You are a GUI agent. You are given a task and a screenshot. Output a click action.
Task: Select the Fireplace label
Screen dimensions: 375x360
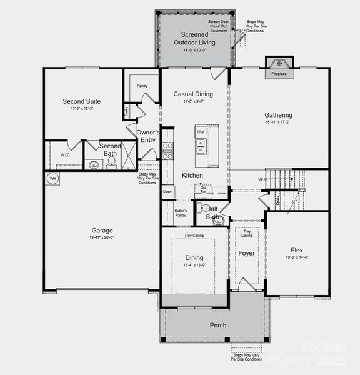pyautogui.click(x=279, y=74)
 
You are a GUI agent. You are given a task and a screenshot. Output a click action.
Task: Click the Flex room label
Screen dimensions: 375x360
pyautogui.click(x=296, y=250)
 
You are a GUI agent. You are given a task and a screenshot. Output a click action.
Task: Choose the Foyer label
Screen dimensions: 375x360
pyautogui.click(x=247, y=253)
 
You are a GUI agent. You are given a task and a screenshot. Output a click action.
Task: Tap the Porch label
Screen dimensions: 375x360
pyautogui.click(x=217, y=325)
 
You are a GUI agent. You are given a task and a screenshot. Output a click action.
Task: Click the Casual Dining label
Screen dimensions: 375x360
pyautogui.click(x=193, y=94)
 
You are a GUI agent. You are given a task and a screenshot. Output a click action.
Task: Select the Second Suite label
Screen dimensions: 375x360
pyautogui.click(x=81, y=101)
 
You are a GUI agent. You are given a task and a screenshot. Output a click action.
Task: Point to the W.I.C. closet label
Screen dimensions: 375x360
pyautogui.click(x=66, y=154)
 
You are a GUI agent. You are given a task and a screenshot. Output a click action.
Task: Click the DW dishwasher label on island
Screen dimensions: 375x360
pyautogui.click(x=201, y=132)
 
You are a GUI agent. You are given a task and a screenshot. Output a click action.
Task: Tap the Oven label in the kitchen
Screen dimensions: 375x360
pyautogui.click(x=167, y=192)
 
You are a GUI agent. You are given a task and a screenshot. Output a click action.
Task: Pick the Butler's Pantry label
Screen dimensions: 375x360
pyautogui.click(x=181, y=213)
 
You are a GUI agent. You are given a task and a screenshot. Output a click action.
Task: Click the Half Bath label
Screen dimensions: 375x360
pyautogui.click(x=211, y=212)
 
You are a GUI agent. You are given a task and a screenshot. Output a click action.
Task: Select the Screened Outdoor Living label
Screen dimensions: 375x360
pyautogui.click(x=194, y=38)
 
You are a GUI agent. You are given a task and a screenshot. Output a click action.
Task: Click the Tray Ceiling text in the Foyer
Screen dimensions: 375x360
pyautogui.click(x=247, y=233)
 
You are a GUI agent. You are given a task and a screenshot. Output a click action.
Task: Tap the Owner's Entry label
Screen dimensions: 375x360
pyautogui.click(x=148, y=136)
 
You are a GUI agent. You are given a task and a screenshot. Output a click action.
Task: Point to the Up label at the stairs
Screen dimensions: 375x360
pyautogui.click(x=260, y=179)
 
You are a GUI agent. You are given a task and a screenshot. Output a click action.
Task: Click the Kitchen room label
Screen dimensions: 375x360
pyautogui.click(x=192, y=176)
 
